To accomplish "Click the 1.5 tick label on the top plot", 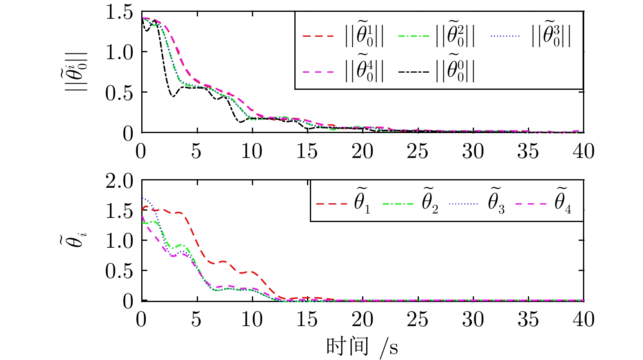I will (x=119, y=12).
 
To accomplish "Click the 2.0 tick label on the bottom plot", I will (x=119, y=181).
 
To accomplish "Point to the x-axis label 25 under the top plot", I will (x=417, y=151).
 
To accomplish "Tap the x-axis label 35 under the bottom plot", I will (x=528, y=319).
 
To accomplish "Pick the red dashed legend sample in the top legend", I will (x=318, y=36).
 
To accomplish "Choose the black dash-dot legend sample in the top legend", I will (x=413, y=72).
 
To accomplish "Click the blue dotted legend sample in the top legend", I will (x=505, y=36).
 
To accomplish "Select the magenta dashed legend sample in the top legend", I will (x=318, y=72).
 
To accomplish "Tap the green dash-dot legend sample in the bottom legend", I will (x=398, y=203).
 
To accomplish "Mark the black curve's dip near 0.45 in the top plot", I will (x=173, y=96).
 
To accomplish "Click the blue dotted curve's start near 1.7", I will (x=143, y=198).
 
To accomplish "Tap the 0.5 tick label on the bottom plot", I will (x=119, y=271).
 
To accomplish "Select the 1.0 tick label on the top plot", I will (x=119, y=52).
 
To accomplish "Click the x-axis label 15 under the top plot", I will (x=307, y=151).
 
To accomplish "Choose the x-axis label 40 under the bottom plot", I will (x=583, y=319).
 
